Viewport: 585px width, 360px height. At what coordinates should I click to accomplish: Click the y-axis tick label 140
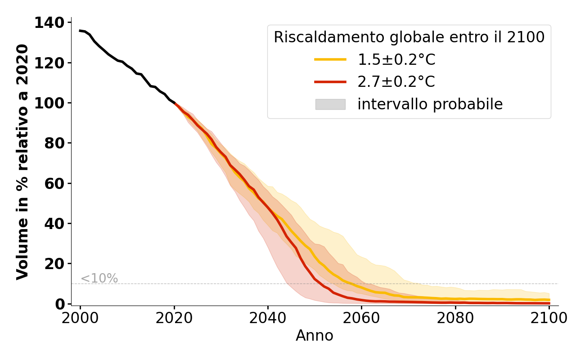pos(49,22)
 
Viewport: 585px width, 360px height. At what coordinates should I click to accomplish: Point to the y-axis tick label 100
pos(49,103)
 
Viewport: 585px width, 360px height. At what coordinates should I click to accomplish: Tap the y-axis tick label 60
pos(54,184)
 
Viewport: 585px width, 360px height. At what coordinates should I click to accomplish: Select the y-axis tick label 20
pos(54,264)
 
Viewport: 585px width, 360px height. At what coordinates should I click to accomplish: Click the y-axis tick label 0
pos(59,304)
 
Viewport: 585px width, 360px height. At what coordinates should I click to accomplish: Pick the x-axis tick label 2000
pos(80,318)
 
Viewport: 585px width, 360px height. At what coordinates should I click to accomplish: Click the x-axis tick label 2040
pos(268,318)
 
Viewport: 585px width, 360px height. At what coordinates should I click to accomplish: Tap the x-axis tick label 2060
pos(361,318)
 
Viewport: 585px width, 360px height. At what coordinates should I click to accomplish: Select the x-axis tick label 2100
pos(549,318)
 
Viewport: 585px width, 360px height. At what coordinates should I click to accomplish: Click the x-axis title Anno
pos(315,336)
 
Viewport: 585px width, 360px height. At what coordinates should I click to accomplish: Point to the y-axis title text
pos(22,162)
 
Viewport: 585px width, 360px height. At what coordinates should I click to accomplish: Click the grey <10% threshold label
pos(99,279)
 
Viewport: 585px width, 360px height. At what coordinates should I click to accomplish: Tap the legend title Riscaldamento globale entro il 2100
pos(409,37)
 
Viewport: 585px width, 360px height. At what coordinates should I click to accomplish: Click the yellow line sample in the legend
pos(330,59)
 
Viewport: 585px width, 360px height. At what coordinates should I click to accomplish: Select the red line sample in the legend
pos(330,82)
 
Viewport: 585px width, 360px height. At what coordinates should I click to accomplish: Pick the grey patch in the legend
pos(330,104)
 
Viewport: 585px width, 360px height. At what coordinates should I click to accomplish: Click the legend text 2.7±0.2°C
pos(396,82)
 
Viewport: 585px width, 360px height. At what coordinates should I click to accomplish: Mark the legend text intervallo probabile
pos(430,104)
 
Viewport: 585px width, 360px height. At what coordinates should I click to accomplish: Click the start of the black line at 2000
pos(80,31)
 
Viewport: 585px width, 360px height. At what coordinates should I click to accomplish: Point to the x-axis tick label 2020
pos(174,318)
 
